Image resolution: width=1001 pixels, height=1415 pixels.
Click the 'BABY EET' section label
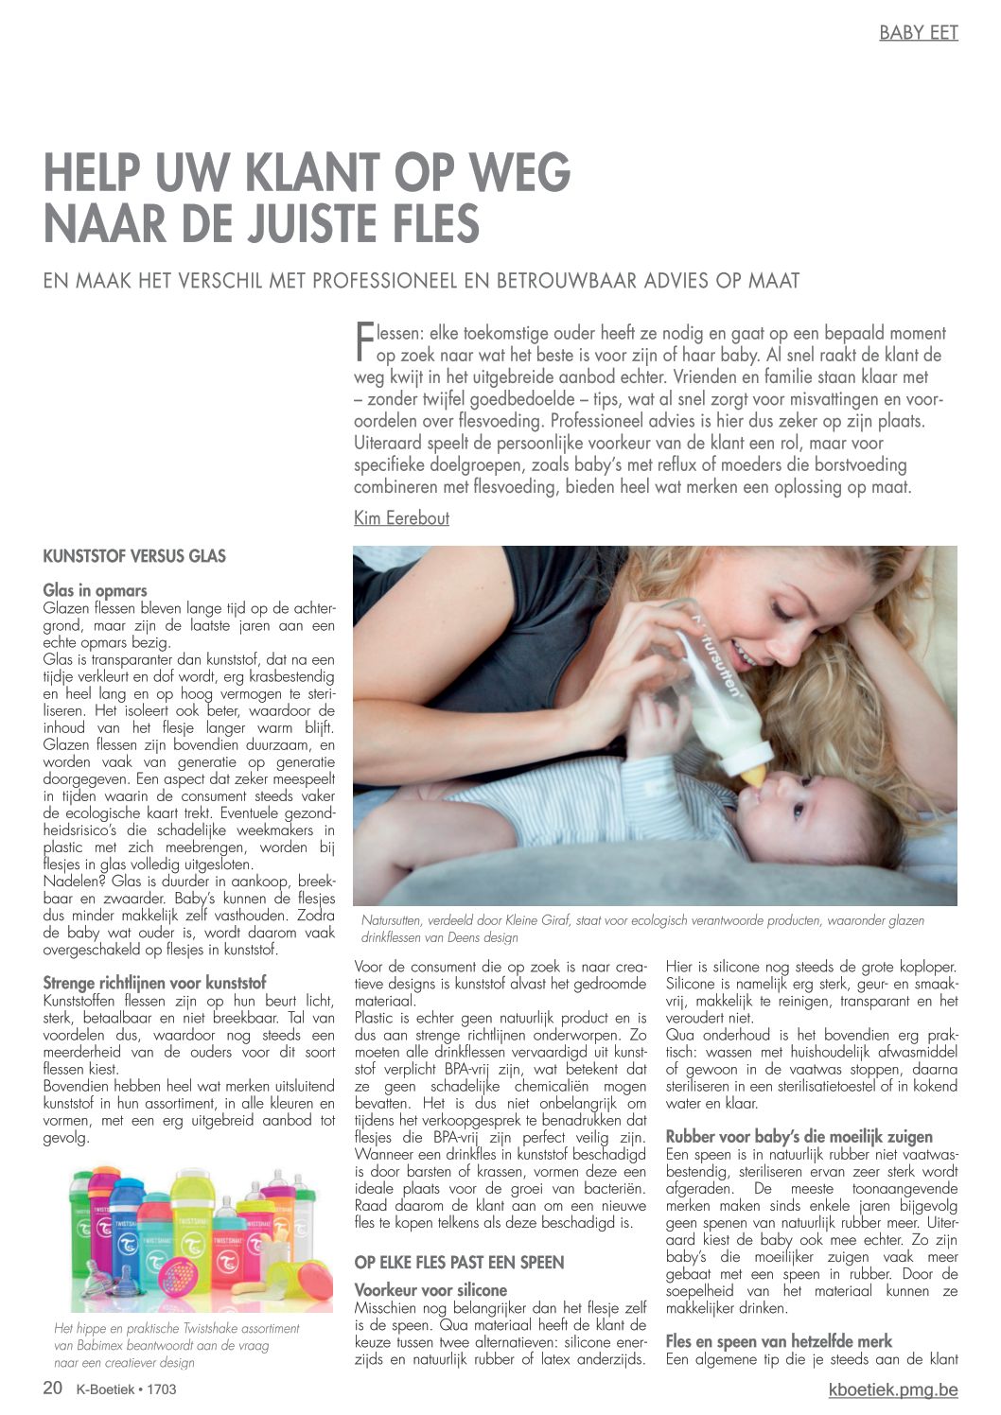918,33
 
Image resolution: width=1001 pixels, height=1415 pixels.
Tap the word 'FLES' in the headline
431,224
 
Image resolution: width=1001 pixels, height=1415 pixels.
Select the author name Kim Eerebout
401,518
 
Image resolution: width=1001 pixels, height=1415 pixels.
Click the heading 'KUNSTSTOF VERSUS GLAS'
134,556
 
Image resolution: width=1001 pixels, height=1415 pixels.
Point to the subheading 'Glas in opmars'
95,591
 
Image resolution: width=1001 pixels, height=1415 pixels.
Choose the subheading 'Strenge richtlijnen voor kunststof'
154,983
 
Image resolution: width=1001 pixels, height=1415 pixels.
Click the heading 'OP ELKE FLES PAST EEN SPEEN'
459,1263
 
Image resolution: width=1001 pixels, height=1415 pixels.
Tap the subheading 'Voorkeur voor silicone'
430,1290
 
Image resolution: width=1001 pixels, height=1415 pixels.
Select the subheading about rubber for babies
799,1137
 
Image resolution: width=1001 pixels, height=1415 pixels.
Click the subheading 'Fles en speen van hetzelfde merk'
779,1341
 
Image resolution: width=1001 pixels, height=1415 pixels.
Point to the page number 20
53,1389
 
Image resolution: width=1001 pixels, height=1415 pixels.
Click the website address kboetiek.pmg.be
892,1389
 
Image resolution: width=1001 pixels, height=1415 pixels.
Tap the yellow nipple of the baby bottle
753,775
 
